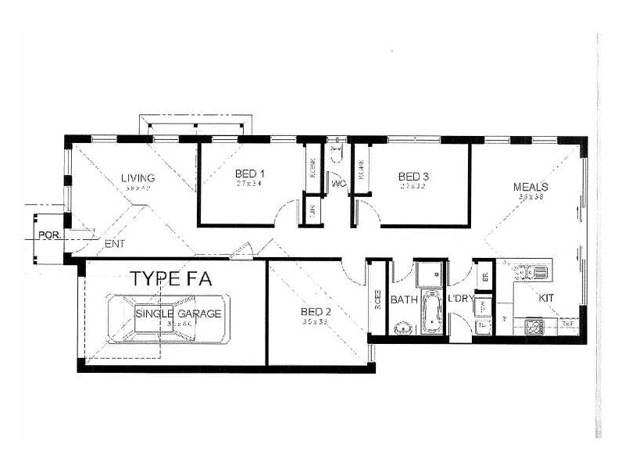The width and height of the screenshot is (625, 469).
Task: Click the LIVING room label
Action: coord(137,177)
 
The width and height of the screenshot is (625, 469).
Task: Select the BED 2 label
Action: coord(316,312)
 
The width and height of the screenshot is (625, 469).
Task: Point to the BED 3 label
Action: coord(413,177)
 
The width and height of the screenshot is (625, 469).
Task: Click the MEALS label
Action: coord(530,187)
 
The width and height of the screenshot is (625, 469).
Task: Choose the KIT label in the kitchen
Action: coord(546,298)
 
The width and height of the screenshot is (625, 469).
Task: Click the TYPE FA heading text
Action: coord(171,278)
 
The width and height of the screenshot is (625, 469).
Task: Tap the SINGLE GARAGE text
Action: coord(179,313)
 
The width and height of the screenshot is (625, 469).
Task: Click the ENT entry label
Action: coord(114,245)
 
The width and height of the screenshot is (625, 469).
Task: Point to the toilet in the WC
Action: coord(337,152)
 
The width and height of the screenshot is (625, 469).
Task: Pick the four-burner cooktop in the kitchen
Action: coord(536,324)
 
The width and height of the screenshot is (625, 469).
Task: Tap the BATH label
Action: coord(405,299)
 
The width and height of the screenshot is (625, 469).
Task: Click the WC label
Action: coord(338,184)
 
